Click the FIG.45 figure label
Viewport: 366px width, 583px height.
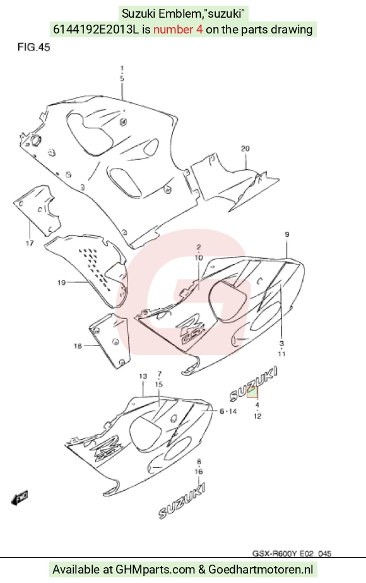[x=34, y=47]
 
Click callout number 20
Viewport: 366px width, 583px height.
[x=245, y=148]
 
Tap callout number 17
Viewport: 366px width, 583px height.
[x=30, y=244]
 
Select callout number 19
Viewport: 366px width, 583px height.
[x=62, y=282]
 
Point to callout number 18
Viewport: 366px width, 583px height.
[x=78, y=346]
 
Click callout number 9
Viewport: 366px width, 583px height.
[x=287, y=234]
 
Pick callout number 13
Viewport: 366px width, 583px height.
[x=143, y=376]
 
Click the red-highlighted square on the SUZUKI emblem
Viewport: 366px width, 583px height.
[x=252, y=392]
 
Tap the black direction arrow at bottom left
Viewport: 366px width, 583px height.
[x=20, y=498]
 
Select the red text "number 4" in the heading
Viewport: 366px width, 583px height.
[x=178, y=30]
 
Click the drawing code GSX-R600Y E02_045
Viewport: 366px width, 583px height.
[x=292, y=553]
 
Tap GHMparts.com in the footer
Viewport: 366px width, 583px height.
[x=155, y=569]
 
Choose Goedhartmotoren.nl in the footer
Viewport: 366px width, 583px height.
[x=261, y=569]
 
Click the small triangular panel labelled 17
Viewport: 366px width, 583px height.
[x=38, y=210]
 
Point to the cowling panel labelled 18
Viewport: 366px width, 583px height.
[x=110, y=341]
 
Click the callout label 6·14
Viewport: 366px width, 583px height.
[x=228, y=411]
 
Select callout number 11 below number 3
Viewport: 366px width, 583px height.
[x=281, y=353]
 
